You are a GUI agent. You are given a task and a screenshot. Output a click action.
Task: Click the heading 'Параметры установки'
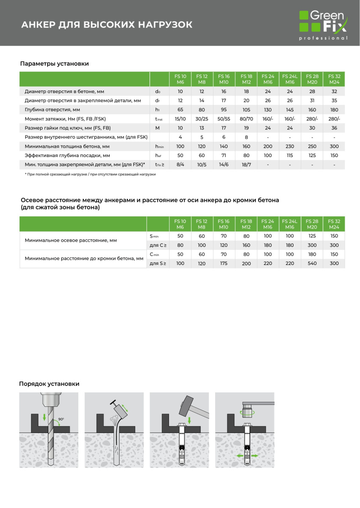tap(55, 63)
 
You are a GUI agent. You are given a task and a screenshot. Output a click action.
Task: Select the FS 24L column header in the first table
tap(290, 79)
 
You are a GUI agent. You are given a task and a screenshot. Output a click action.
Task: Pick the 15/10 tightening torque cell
tap(180, 119)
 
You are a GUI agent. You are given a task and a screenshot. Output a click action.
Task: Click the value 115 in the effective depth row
tap(290, 155)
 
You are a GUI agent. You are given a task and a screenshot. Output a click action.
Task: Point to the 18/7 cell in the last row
tap(246, 164)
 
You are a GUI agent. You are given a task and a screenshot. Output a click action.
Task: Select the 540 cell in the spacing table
tap(312, 263)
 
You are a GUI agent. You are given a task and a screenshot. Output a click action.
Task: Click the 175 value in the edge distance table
tap(224, 263)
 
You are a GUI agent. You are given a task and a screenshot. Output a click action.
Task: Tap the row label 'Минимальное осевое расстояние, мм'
tap(71, 240)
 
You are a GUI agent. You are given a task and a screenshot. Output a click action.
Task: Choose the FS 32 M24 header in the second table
tap(334, 224)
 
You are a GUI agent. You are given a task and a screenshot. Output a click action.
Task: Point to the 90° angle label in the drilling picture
tap(61, 419)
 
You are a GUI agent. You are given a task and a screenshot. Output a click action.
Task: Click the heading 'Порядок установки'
tap(49, 384)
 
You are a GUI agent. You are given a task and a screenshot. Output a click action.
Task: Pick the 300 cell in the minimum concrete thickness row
tap(334, 146)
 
